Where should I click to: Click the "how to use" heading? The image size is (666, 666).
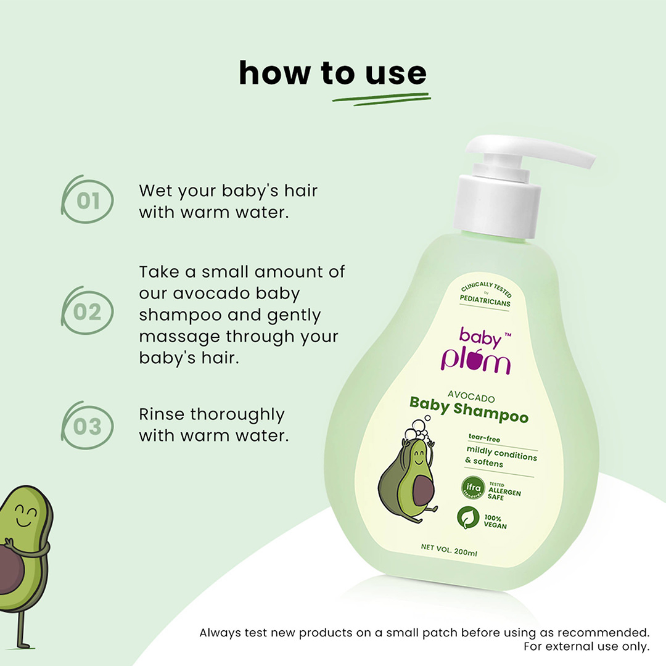click(332, 73)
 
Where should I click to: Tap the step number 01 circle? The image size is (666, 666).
click(88, 201)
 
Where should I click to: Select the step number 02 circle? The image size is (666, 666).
click(88, 312)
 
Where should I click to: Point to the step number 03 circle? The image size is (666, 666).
click(88, 426)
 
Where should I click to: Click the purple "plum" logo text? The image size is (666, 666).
click(475, 361)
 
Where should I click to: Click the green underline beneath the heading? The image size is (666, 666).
click(380, 99)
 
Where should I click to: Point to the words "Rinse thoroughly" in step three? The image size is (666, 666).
click(212, 414)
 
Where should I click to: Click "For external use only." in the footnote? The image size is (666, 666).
click(586, 646)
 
